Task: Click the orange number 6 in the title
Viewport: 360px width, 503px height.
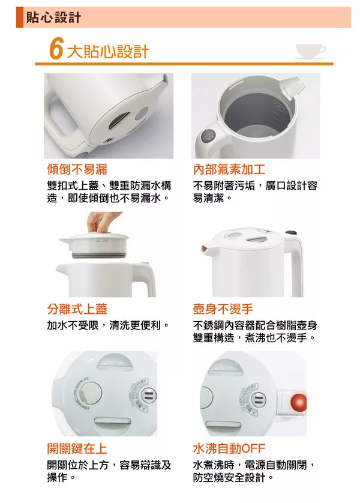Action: [56, 50]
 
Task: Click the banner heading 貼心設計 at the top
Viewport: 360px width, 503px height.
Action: [53, 17]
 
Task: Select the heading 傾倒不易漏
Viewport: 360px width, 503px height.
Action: [77, 169]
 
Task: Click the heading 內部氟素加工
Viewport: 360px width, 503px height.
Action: [229, 169]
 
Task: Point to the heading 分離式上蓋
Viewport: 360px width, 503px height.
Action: [77, 309]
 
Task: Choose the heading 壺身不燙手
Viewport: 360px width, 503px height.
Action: [223, 309]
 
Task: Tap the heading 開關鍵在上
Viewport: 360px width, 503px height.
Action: [77, 448]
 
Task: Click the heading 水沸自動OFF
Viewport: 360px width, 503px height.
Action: [229, 448]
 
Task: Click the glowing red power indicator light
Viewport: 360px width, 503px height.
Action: [298, 402]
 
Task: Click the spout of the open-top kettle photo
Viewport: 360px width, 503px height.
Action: [292, 86]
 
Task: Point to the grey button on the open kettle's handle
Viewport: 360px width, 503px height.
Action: [208, 136]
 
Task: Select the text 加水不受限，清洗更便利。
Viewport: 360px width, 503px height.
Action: [108, 325]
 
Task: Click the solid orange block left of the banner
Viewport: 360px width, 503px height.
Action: [20, 17]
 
